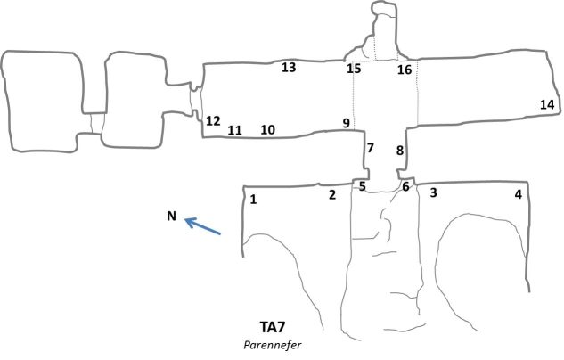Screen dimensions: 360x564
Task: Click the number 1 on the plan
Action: click(254, 200)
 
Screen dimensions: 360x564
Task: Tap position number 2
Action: click(332, 194)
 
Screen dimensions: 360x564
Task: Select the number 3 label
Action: click(433, 192)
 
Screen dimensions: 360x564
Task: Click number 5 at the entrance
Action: click(362, 186)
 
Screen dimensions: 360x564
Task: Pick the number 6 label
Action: click(405, 187)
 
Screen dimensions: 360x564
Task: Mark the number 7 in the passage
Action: click(370, 147)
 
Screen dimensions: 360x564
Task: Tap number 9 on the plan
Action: click(346, 123)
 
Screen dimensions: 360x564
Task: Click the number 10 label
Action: click(267, 130)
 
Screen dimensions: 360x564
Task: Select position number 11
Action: click(234, 131)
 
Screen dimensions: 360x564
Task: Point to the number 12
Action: click(213, 121)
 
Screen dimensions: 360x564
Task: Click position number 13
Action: click(289, 67)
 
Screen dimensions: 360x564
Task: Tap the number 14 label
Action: click(547, 105)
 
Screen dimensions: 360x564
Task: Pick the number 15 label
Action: click(354, 69)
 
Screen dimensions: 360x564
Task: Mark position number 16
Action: click(405, 70)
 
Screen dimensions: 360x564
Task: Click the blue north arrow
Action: click(203, 227)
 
